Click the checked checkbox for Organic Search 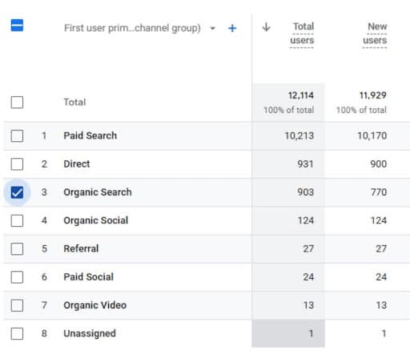click(18, 192)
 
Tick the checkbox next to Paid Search click(18, 136)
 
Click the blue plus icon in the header click(232, 28)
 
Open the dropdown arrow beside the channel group click(212, 28)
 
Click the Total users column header click(303, 34)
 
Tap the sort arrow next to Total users click(266, 27)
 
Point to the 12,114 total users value click(301, 95)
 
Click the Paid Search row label click(90, 136)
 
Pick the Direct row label click(77, 164)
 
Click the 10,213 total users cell click(299, 136)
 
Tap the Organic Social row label click(95, 220)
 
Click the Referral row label click(81, 248)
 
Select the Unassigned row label click(89, 333)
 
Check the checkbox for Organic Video click(18, 305)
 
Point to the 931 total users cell click(304, 164)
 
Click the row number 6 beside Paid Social click(44, 277)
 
